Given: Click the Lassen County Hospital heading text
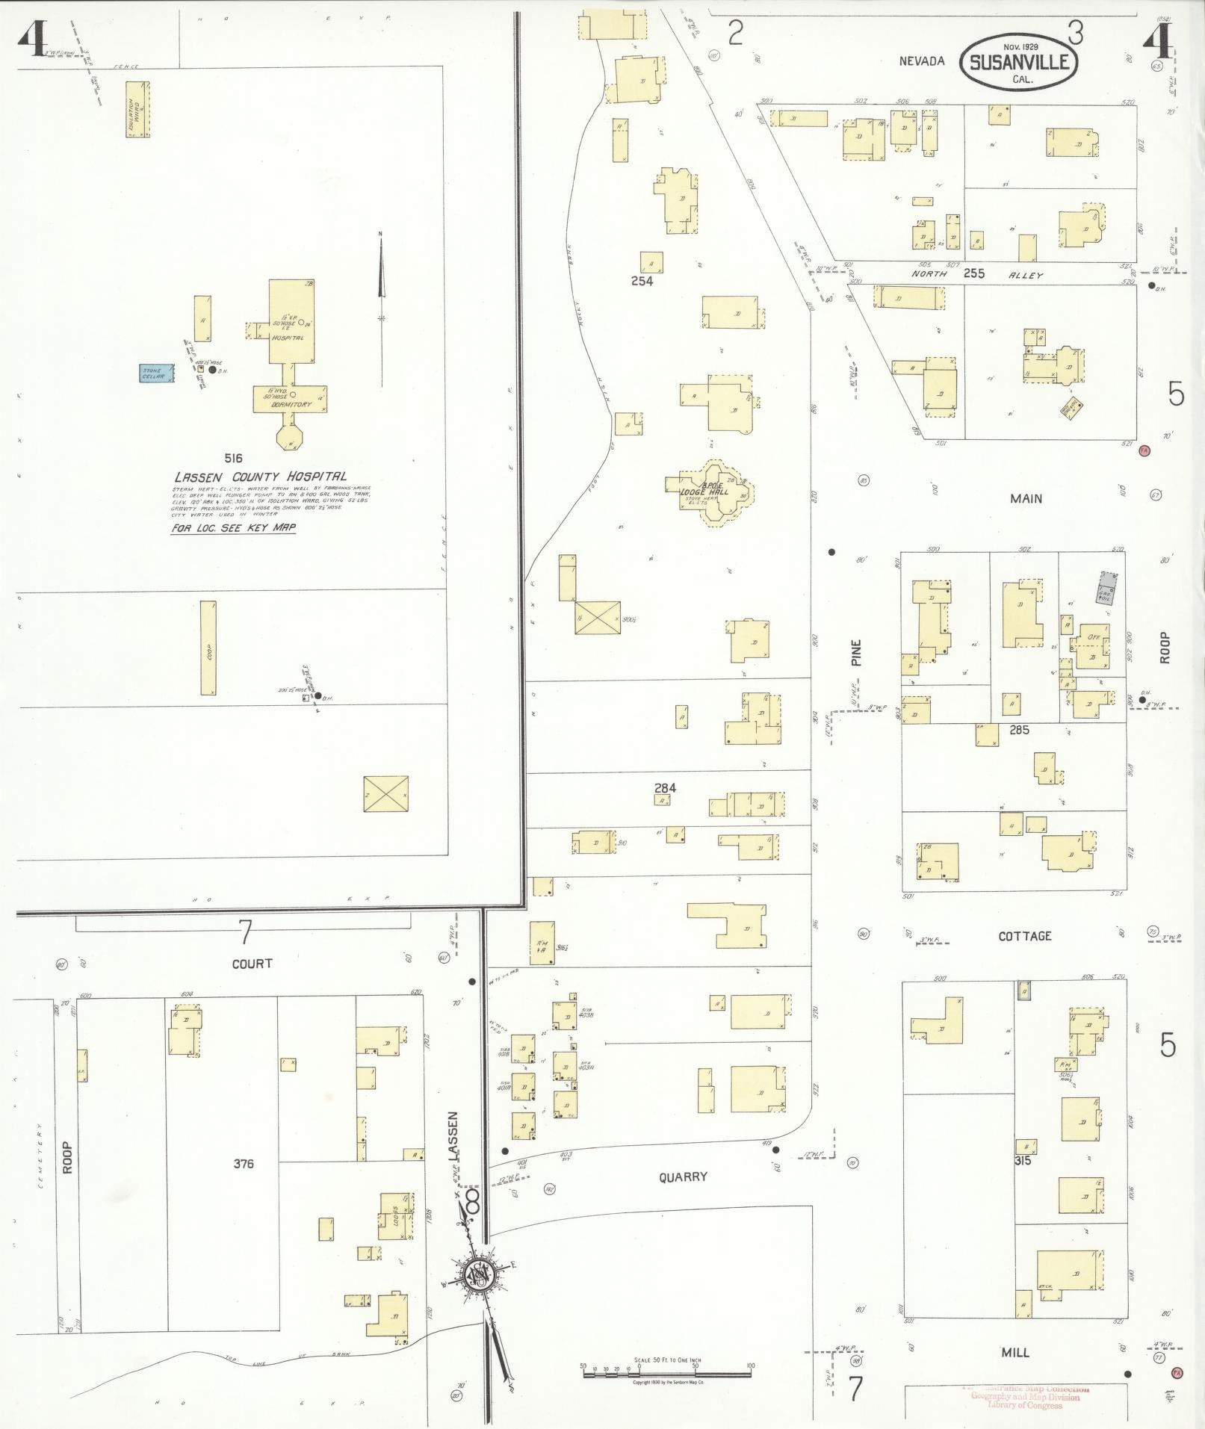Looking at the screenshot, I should pos(261,477).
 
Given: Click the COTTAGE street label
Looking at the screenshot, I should pos(1024,936).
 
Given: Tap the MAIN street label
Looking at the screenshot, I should pos(1026,499).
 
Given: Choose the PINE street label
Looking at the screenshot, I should pos(856,651).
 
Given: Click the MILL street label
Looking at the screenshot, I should pos(1015,1352).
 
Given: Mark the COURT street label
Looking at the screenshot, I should pos(252,964).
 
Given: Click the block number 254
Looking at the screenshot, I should pos(642,282).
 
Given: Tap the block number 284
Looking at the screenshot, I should pos(665,787).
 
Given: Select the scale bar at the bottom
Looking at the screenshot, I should pos(666,1368).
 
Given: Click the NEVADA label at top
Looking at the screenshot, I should pos(922,61).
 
